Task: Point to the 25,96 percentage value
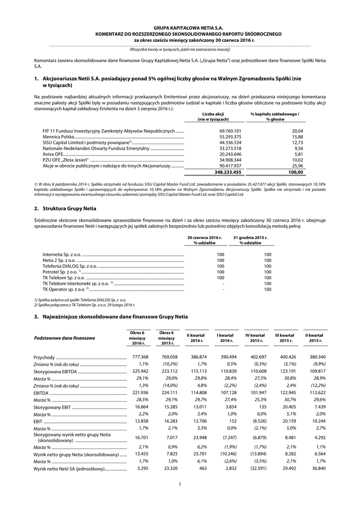tap(296, 166)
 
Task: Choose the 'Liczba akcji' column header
tap(213, 114)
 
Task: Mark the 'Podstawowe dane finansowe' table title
tap(64, 338)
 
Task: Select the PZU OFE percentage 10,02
tap(296, 160)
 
